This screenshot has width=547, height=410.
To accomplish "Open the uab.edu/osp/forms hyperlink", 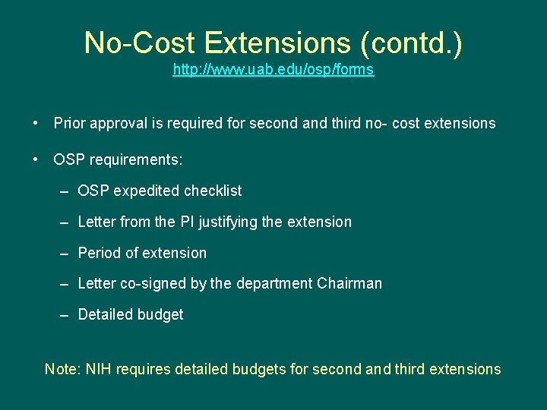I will [x=273, y=70].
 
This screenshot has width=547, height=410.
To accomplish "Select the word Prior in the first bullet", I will [x=69, y=123].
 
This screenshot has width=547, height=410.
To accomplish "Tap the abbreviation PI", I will [x=187, y=222].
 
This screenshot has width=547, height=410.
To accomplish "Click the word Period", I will [x=100, y=253].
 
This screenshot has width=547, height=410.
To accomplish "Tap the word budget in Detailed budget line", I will [x=161, y=314].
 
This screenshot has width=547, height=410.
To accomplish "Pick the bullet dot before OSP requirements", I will [x=36, y=160].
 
